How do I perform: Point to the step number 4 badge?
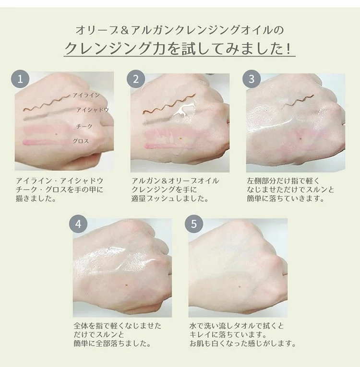tap(79, 225)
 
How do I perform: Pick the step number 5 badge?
tap(194, 225)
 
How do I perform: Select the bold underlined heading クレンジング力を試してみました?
tap(180, 49)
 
